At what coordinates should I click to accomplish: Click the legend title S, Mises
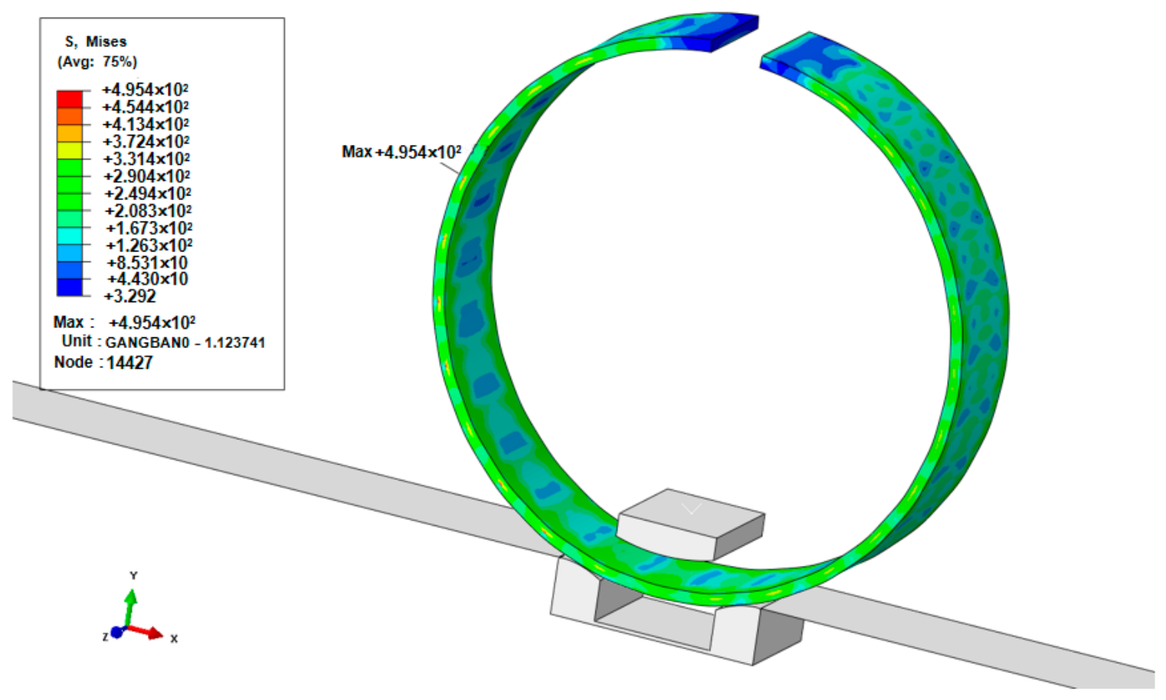pos(96,41)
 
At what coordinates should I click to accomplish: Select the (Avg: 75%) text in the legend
pos(97,62)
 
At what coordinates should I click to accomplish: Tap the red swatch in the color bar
pos(70,99)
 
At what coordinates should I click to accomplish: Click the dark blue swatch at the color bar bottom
pos(70,288)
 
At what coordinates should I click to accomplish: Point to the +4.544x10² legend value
pos(146,107)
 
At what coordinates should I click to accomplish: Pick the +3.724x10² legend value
pos(146,142)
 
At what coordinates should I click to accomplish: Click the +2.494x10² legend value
pos(147,194)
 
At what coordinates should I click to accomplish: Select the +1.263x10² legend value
pos(149,245)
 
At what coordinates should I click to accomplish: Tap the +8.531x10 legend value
pos(147,262)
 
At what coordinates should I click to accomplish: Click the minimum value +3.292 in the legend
pos(130,297)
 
